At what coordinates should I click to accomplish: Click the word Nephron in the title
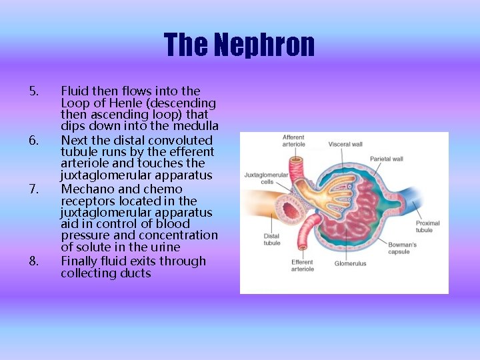[265, 45]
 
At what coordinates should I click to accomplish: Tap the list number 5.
[35, 91]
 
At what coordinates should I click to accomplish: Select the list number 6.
[35, 140]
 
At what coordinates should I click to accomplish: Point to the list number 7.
[35, 189]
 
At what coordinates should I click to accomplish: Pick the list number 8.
[35, 261]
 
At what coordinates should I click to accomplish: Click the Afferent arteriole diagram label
[294, 141]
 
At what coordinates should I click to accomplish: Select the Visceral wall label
[345, 144]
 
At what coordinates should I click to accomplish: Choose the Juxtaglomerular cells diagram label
[266, 179]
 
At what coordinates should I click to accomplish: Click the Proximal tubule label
[427, 227]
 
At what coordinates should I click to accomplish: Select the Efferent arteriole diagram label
[302, 265]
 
